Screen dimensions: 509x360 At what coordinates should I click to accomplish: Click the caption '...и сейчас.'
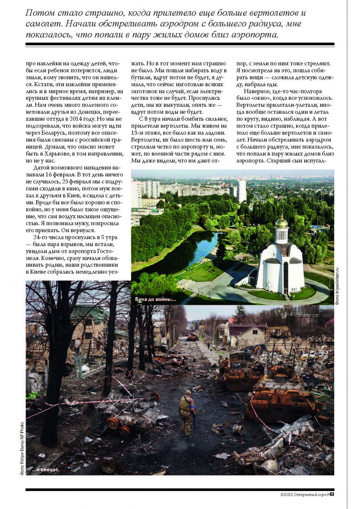46,470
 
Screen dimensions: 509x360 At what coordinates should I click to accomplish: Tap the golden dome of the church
281,222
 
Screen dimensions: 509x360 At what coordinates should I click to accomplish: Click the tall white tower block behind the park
242,191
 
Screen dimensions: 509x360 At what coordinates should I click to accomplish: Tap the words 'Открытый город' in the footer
311,494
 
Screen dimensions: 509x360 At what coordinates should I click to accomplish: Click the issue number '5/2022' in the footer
286,494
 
